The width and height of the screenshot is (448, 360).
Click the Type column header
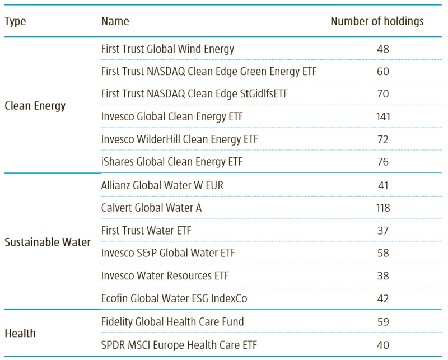tap(15, 22)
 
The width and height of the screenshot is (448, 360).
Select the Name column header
tap(115, 21)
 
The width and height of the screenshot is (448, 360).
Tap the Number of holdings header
tap(377, 21)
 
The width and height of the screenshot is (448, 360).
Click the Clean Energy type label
tap(35, 106)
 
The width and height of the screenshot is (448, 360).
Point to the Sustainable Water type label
tap(48, 242)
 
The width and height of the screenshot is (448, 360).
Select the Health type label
tap(20, 333)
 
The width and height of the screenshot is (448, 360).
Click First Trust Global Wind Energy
tap(167, 49)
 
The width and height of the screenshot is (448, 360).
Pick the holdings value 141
tap(383, 117)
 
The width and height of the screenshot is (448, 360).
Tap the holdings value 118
tap(383, 208)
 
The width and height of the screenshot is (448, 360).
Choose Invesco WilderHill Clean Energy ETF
tap(179, 139)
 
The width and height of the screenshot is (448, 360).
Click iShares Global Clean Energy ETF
tap(172, 162)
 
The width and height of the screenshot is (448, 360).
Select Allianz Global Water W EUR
tap(162, 185)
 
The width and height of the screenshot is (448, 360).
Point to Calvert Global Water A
tap(151, 208)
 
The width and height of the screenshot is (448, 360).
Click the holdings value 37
tap(383, 231)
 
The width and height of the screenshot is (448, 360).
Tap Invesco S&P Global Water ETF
tap(168, 253)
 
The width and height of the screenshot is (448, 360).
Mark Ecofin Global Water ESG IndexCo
tap(174, 298)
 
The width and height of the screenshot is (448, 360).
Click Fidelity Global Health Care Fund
tap(172, 322)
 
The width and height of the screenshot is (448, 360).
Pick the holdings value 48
tap(383, 49)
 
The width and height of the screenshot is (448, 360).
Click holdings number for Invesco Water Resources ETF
tap(383, 276)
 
